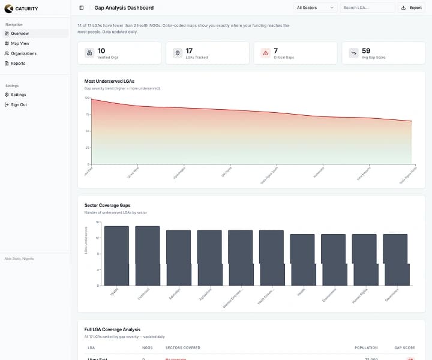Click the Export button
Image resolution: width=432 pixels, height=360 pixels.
412,8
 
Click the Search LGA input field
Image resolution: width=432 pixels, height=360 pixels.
367,8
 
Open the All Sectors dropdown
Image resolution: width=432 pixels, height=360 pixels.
316,8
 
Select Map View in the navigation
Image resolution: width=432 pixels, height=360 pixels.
20,43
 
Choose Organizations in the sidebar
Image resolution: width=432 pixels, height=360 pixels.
23,53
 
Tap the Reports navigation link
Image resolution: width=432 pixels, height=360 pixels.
18,63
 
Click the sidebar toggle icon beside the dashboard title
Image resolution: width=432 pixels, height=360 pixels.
82,8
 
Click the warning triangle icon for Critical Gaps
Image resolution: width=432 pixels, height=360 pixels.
265,53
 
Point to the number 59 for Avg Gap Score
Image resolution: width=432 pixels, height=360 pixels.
366,51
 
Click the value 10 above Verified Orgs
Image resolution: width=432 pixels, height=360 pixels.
101,51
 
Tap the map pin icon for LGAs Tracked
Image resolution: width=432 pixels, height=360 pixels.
177,53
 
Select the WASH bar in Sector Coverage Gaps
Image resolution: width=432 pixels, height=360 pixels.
116,256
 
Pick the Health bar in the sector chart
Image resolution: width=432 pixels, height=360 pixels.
302,260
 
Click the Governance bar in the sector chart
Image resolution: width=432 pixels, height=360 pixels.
395,260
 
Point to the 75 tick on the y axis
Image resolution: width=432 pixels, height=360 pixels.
87,114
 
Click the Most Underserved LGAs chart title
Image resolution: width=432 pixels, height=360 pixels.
109,80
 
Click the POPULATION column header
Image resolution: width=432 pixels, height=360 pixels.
366,347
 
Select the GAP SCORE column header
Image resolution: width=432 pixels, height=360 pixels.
404,347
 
